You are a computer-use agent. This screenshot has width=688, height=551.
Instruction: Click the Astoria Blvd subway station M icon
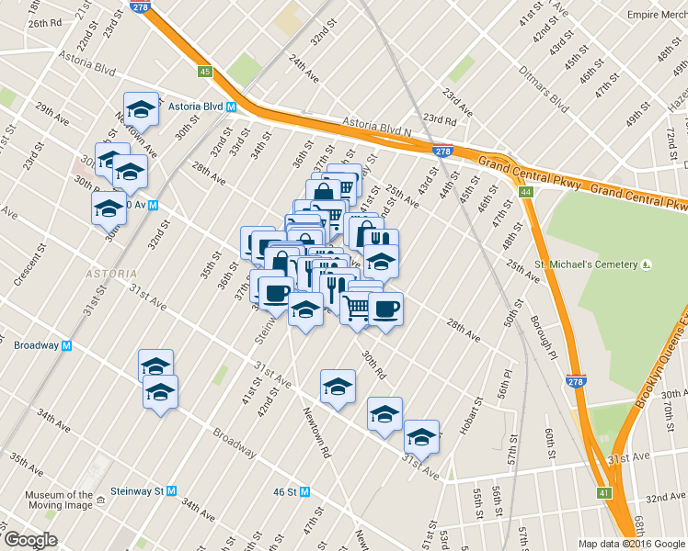click(232, 107)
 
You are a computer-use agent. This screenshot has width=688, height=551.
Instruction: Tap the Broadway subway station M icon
click(66, 346)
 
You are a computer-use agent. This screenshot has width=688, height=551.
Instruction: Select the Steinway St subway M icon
click(171, 491)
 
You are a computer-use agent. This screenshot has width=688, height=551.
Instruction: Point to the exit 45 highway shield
click(205, 72)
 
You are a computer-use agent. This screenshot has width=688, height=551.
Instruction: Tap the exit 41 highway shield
click(603, 493)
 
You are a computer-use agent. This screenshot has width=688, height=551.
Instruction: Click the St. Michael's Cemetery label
click(587, 264)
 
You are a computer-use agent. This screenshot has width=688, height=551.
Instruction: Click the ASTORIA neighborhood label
click(109, 274)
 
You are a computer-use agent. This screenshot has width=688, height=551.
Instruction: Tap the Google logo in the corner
click(30, 539)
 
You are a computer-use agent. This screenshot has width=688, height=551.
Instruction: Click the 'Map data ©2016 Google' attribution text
click(631, 544)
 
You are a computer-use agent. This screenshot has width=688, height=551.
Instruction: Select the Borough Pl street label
click(543, 337)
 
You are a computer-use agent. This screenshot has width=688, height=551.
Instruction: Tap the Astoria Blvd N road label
click(378, 126)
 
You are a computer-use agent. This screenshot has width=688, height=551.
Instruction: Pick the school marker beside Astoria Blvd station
click(141, 109)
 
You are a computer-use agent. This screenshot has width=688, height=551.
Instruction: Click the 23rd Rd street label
click(441, 119)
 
